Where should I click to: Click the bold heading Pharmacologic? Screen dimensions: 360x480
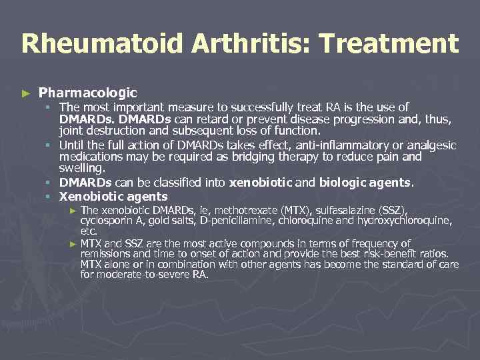88,93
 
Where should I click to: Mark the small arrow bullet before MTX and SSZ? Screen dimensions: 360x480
73,244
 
